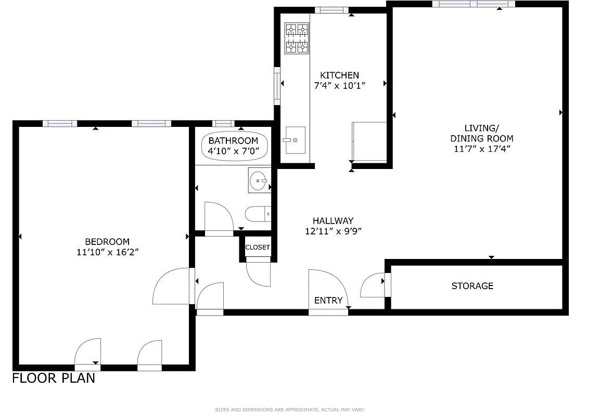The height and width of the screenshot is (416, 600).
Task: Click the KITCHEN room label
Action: pyautogui.click(x=339, y=75)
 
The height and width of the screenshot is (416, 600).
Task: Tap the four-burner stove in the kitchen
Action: pyautogui.click(x=297, y=38)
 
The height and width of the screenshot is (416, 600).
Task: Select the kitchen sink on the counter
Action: pyautogui.click(x=294, y=140)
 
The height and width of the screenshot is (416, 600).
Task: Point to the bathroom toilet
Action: pyautogui.click(x=257, y=214)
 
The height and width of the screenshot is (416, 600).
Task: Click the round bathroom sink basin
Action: pyautogui.click(x=258, y=181)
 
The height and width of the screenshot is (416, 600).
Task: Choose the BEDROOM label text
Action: pyautogui.click(x=107, y=242)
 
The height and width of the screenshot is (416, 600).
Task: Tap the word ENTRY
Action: pyautogui.click(x=328, y=301)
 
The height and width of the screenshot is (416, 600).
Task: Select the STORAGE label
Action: pyautogui.click(x=472, y=286)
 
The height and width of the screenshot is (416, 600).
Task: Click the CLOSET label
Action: pyautogui.click(x=258, y=248)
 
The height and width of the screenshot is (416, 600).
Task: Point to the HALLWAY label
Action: pyautogui.click(x=333, y=220)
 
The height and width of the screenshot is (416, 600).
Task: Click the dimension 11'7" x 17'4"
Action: pyautogui.click(x=481, y=149)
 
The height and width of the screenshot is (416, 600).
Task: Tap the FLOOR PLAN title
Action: pyautogui.click(x=54, y=378)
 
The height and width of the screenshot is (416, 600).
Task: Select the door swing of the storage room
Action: pyautogui.click(x=373, y=286)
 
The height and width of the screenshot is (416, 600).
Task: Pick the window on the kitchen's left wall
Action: pyautogui.click(x=277, y=85)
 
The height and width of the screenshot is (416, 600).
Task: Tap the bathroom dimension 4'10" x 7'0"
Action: pyautogui.click(x=233, y=151)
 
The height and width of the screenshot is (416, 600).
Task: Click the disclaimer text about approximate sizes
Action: pyautogui.click(x=290, y=410)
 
